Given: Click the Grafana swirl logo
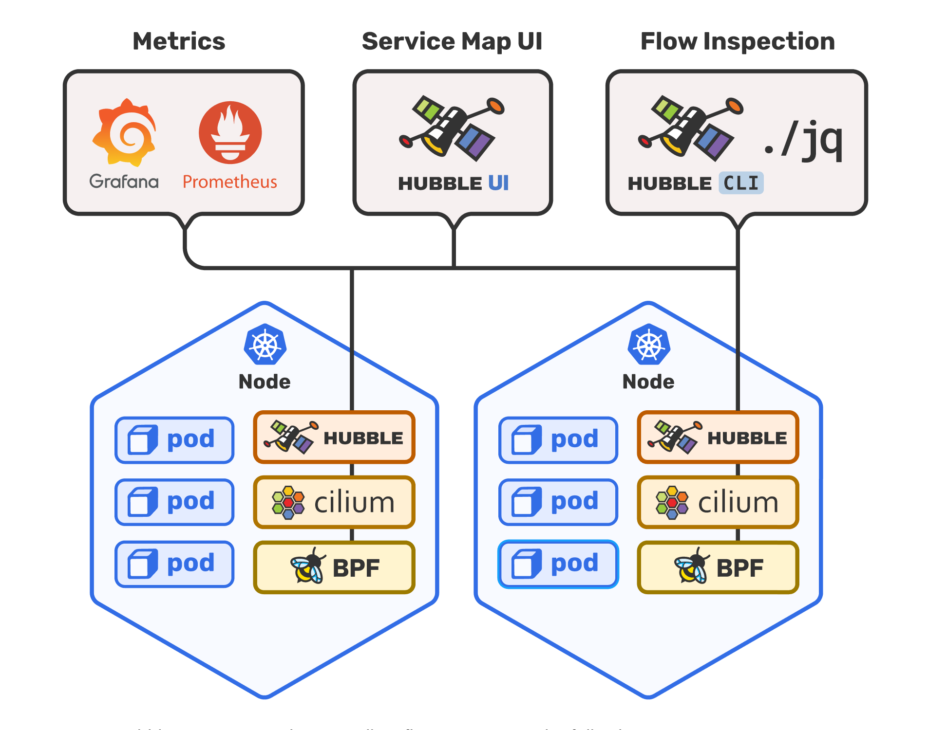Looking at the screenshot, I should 125,132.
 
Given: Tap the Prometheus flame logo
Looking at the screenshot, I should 230,132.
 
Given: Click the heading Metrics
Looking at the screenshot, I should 179,41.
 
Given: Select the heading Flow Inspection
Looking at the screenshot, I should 737,41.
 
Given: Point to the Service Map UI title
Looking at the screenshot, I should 452,41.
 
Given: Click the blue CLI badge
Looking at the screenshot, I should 741,183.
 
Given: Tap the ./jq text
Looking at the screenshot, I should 803,141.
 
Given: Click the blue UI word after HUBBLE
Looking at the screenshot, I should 498,183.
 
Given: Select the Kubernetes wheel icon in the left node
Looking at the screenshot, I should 265,345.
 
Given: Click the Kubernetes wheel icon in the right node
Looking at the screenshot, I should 649,345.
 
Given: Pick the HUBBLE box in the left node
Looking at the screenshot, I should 334,438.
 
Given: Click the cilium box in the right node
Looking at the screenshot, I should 718,502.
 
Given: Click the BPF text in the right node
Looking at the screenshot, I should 739,568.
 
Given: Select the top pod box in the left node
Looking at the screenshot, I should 174,440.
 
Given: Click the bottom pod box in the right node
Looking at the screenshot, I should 558,564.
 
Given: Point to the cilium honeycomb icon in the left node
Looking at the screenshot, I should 288,502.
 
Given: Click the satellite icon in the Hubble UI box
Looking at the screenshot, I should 452,129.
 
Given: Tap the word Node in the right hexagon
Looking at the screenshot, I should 648,382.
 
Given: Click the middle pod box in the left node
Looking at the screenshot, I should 174,502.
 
